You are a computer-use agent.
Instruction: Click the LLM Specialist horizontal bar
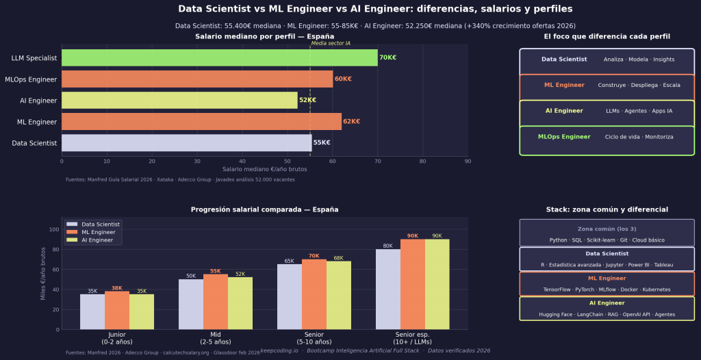219,58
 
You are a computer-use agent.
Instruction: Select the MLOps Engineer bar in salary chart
197,79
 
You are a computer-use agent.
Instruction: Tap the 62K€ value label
351,122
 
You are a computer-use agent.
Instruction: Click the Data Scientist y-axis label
34,143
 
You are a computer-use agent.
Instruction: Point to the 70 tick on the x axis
377,162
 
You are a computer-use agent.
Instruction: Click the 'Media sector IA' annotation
331,43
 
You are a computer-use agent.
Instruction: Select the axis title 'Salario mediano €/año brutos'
264,169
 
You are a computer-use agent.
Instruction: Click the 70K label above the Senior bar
314,255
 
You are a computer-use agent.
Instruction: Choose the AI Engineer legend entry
97,240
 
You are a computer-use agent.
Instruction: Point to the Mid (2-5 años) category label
216,337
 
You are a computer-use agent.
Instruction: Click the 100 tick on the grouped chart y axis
55,229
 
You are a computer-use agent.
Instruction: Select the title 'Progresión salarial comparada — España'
264,209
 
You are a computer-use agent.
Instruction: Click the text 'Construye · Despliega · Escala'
639,86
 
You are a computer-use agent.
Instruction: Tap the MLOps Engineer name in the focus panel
564,137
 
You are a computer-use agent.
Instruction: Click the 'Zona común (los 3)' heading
607,229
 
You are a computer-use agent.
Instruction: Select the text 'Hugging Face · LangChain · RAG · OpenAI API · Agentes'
607,315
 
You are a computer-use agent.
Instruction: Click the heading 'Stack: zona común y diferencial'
607,209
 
